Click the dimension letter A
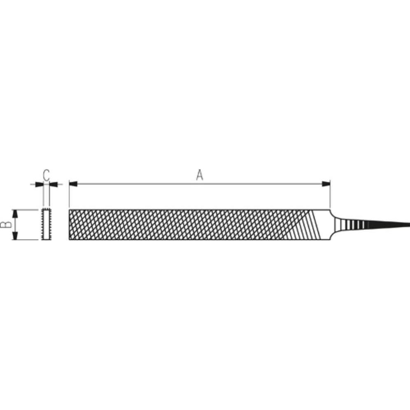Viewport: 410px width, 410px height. point(200,175)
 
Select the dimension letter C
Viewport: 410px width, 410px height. point(47,175)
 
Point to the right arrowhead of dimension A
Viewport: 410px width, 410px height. point(326,184)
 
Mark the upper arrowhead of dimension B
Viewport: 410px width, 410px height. point(15,214)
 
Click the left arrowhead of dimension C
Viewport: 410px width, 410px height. point(39,184)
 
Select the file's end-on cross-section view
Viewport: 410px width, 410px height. point(46,225)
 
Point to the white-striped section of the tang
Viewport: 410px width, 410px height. point(354,225)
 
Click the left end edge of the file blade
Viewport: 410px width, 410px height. point(69,225)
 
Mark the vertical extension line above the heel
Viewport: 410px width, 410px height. point(330,198)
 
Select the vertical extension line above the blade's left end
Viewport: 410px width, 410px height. point(69,198)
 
